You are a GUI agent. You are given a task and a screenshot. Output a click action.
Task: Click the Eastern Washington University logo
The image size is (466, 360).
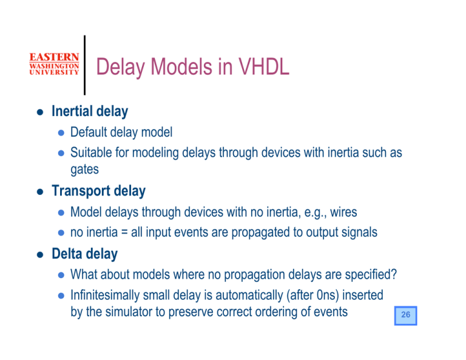pyautogui.click(x=53, y=64)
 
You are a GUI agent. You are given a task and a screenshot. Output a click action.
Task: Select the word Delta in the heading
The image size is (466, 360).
pyautogui.click(x=67, y=254)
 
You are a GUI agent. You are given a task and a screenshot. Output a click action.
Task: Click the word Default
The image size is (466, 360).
pyautogui.click(x=89, y=132)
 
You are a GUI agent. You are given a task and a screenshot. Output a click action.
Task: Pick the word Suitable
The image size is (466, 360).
pyautogui.click(x=90, y=152)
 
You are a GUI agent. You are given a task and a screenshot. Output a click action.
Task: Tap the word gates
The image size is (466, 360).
pyautogui.click(x=84, y=170)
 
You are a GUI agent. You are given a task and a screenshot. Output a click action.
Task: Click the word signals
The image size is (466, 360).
pyautogui.click(x=360, y=233)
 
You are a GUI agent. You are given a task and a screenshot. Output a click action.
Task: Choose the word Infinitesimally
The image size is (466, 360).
pyautogui.click(x=107, y=295)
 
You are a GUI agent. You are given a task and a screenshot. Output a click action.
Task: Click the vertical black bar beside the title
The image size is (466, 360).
pyautogui.click(x=84, y=65)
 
